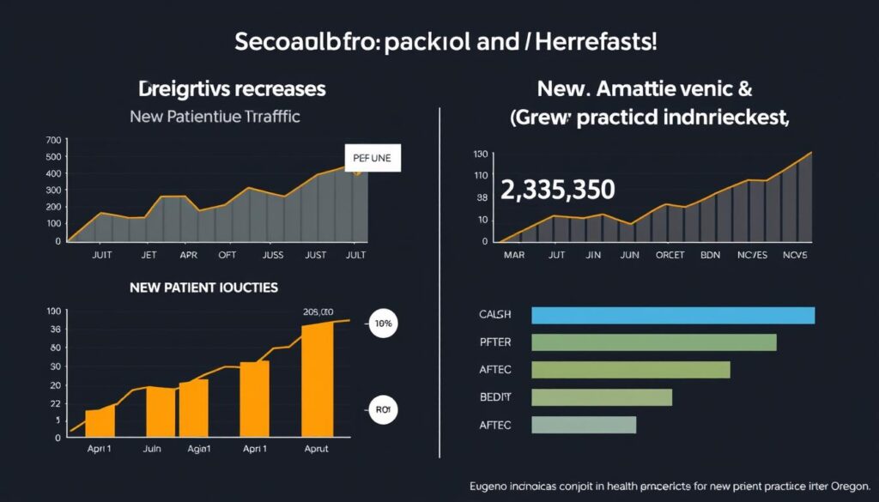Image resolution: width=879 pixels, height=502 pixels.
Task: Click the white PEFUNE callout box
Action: click(373, 158)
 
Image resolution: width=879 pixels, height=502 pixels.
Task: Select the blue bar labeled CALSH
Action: click(673, 315)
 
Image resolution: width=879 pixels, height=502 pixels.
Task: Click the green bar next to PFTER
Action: click(653, 342)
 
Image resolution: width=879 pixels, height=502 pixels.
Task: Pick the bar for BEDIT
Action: click(601, 397)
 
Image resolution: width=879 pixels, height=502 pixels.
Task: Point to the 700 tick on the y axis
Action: click(52, 140)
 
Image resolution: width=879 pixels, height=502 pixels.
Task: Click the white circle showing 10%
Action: click(382, 325)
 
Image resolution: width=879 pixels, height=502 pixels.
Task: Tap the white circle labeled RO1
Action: click(382, 410)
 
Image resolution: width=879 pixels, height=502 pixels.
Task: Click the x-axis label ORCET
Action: click(670, 255)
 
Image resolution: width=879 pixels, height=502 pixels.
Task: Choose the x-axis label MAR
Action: click(514, 255)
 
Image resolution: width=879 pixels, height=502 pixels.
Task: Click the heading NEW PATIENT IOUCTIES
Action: click(203, 288)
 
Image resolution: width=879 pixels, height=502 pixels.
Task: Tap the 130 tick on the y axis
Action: click(480, 154)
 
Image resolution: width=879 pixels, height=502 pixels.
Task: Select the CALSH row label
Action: click(494, 315)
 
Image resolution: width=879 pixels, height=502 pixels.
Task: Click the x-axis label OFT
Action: click(227, 256)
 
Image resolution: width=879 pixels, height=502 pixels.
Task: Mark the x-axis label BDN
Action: click(711, 255)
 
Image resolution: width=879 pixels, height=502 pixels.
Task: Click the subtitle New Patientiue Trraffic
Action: click(215, 117)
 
